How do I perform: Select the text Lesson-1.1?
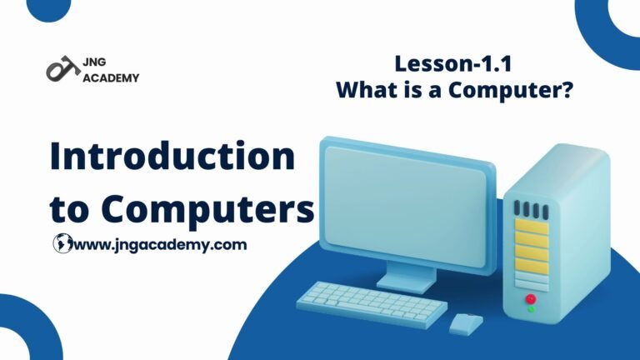[x=453, y=64]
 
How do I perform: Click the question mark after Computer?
[x=567, y=89]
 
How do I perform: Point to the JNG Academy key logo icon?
[x=62, y=68]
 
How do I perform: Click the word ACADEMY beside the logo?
[x=111, y=77]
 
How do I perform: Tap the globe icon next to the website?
[x=62, y=243]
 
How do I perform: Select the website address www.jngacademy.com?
[x=160, y=245]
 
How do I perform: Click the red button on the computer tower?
[x=531, y=299]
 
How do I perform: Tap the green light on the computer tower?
[x=531, y=310]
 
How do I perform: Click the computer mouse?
[x=466, y=323]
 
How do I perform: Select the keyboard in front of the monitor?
[x=372, y=303]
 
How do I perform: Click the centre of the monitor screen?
[x=405, y=206]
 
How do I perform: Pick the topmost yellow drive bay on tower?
[x=532, y=227]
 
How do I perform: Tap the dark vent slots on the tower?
[x=531, y=210]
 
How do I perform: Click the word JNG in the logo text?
[x=94, y=62]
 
